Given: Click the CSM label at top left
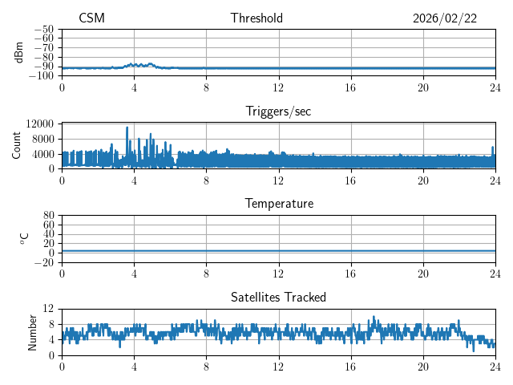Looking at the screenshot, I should (91, 18).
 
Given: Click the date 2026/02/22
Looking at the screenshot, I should (445, 18).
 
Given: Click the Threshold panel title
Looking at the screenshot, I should (256, 18).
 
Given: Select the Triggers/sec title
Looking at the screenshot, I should (278, 111).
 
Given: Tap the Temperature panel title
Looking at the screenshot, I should (278, 204).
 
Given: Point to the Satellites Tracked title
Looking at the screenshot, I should (278, 297).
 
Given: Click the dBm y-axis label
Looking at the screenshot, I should (19, 52).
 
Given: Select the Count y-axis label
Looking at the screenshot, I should (17, 145).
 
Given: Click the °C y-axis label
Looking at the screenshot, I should (24, 238).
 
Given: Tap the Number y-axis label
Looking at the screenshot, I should (33, 331).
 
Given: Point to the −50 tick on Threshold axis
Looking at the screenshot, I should (43, 29).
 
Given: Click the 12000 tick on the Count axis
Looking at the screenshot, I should (39, 124).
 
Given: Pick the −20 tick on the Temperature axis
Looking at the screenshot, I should (43, 262).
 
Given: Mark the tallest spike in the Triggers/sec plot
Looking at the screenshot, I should (127, 128).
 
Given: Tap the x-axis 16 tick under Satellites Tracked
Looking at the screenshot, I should (350, 366).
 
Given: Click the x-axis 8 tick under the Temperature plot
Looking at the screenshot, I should (206, 274).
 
